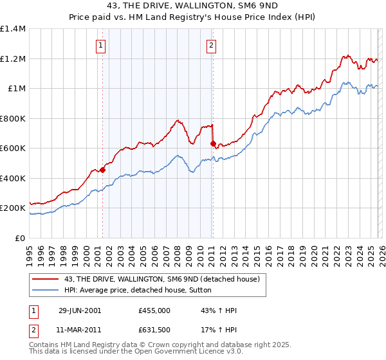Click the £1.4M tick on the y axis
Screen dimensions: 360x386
click(13, 29)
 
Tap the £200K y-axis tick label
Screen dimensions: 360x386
click(13, 208)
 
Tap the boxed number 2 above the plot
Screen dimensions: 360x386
click(211, 45)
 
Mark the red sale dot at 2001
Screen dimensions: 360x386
click(103, 170)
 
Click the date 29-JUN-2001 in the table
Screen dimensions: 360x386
click(80, 310)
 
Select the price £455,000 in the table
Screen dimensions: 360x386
click(154, 310)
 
